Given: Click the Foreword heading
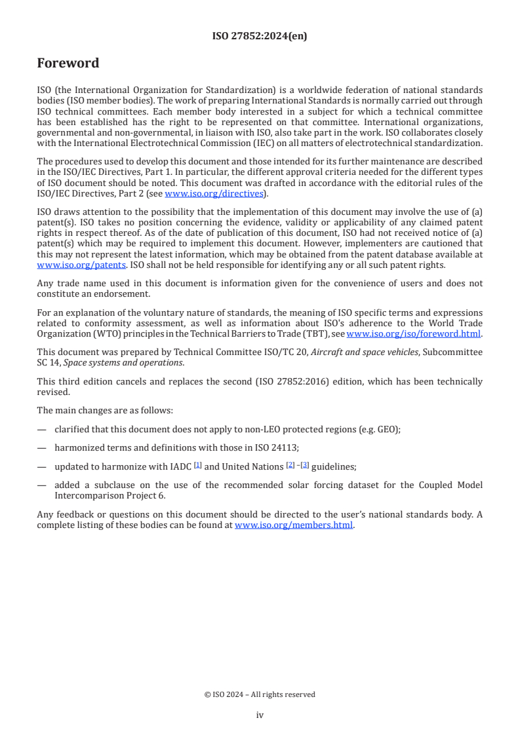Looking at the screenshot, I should coord(68,64).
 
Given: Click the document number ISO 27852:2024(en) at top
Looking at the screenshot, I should coord(260,37).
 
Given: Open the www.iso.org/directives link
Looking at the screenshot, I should coord(214,194).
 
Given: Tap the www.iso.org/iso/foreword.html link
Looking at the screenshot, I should coord(413,333).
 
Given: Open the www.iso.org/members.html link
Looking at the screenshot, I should coord(294,525).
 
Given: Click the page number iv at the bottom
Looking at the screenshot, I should coord(260,715).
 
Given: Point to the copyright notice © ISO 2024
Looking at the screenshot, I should coord(260,694).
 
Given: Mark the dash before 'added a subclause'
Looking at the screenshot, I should coord(42,485).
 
